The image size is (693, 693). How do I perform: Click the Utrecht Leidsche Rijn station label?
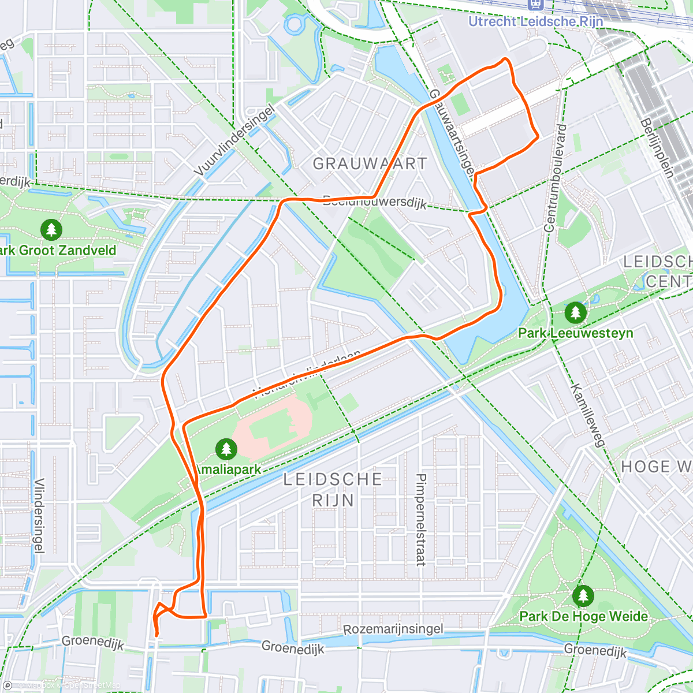pyautogui.click(x=535, y=22)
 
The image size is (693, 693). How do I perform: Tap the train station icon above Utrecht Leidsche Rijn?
pyautogui.click(x=536, y=5)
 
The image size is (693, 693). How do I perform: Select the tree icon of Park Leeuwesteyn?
pyautogui.click(x=575, y=314)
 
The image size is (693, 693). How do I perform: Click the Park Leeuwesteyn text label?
pyautogui.click(x=575, y=333)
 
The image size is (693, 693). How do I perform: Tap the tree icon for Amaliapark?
pyautogui.click(x=226, y=449)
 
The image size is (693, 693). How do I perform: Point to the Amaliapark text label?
pyautogui.click(x=229, y=470)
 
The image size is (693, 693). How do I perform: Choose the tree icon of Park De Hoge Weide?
pyautogui.click(x=583, y=596)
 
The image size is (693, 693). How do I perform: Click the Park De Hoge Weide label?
pyautogui.click(x=583, y=616)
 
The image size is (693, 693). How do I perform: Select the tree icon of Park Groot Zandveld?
pyautogui.click(x=51, y=230)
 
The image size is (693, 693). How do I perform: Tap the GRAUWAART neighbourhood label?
pyautogui.click(x=370, y=164)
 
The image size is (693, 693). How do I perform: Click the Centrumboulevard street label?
pyautogui.click(x=555, y=178)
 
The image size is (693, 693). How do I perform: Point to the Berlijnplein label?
pyautogui.click(x=657, y=147)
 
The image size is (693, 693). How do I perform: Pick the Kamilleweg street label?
pyautogui.click(x=588, y=415)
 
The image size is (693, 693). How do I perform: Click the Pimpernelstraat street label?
pyautogui.click(x=421, y=520)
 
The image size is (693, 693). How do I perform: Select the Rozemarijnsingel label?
pyautogui.click(x=393, y=629)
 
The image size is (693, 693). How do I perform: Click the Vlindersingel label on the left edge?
pyautogui.click(x=39, y=516)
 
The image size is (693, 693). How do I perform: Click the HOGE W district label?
pyautogui.click(x=656, y=467)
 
